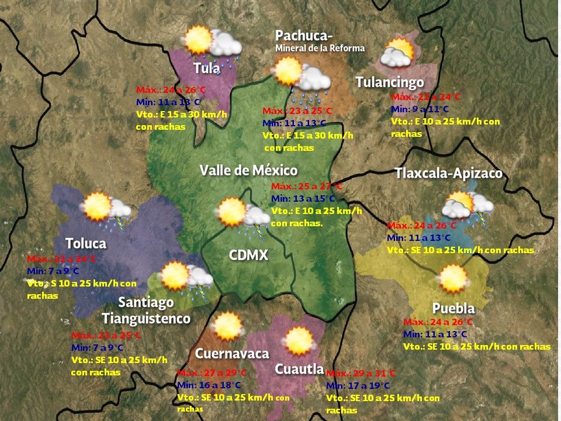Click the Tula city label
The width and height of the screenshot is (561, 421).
point(207,68)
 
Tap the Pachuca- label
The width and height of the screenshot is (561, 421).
point(304,36)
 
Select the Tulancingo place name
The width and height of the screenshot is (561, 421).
point(390,82)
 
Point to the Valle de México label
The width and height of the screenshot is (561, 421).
point(248,170)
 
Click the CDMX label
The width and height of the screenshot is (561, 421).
point(248,255)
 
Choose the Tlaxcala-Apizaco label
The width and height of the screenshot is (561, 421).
point(448,174)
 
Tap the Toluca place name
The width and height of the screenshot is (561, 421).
point(86,243)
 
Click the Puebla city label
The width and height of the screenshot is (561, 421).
point(453,308)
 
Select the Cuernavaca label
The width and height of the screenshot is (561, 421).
point(232,354)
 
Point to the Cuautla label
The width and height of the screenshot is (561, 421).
point(299,369)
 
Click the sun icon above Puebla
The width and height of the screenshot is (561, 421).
point(454,279)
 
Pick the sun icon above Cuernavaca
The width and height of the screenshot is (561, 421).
point(227,326)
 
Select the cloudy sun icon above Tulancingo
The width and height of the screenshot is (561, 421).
point(397,54)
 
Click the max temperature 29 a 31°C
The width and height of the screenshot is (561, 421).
point(361,373)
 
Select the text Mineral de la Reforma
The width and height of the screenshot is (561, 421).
point(320,48)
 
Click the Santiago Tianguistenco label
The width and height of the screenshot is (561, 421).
point(146,310)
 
